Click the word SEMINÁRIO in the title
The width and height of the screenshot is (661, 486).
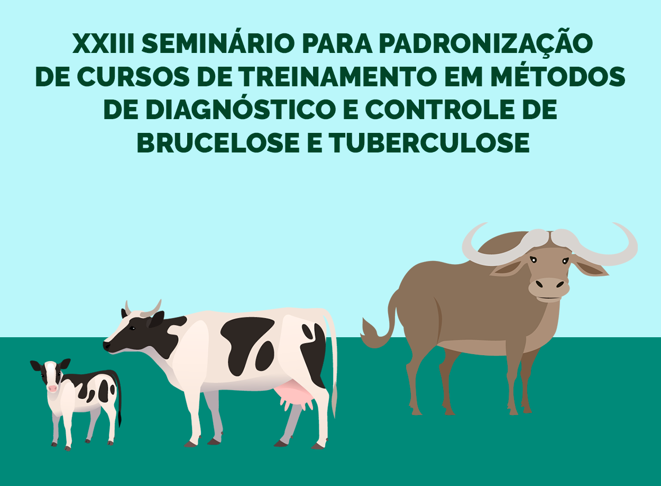(x=218, y=44)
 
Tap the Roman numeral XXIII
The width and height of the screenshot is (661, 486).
(x=103, y=44)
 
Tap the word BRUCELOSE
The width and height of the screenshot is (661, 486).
(x=218, y=143)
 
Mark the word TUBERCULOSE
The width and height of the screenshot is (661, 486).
(x=429, y=143)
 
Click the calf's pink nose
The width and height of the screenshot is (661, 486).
(x=52, y=389)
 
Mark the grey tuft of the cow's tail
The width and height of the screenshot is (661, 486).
(x=334, y=399)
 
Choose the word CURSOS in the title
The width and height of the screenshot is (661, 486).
(x=133, y=77)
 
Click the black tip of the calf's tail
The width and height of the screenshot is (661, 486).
(x=120, y=419)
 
